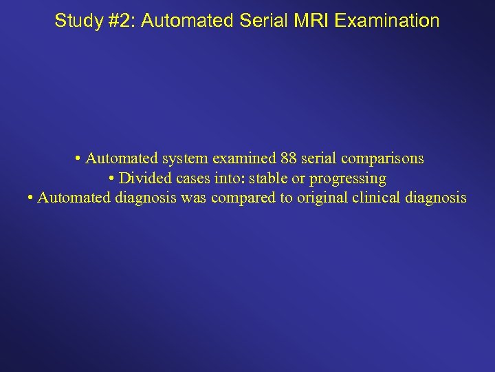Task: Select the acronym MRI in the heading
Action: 311,21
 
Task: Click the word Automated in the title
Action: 178,21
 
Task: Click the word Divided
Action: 144,178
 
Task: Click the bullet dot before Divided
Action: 112,179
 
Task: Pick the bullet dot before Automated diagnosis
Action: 31,199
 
